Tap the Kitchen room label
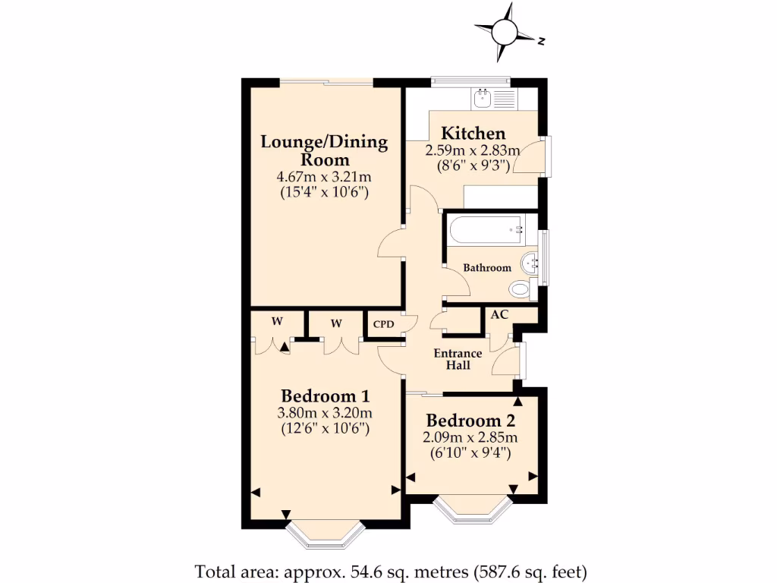pos(473,134)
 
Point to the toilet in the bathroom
pos(521,288)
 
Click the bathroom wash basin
pos(530,263)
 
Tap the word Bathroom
pos(487,268)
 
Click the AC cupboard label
pos(500,314)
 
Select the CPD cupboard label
pos(383,323)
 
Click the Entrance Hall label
pos(458,359)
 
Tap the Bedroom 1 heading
pos(325,395)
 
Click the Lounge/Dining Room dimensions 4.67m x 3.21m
pos(324,178)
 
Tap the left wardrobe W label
pos(278,322)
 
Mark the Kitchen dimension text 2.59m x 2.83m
pos(473,150)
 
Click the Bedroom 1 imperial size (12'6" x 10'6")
pos(325,428)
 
